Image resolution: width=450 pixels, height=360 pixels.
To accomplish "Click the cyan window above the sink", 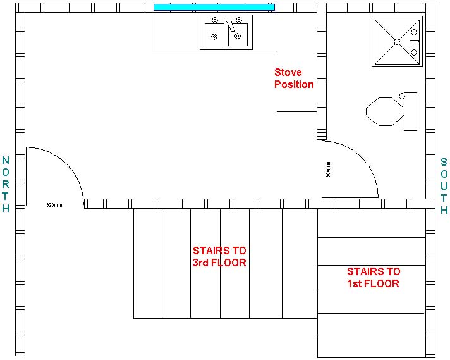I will pos(214,8).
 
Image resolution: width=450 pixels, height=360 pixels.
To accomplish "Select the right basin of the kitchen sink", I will pos(238,35).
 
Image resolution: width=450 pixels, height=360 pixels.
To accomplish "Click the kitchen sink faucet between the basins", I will pos(231,26).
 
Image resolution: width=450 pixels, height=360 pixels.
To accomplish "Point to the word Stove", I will pos(288,73).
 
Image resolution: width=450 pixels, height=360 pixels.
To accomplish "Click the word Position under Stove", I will pos(294,84).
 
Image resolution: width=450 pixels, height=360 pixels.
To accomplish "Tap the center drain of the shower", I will pos(396,42).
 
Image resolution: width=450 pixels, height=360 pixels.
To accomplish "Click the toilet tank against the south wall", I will pos(411,111).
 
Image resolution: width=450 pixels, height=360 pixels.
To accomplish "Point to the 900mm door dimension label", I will pos(329,169).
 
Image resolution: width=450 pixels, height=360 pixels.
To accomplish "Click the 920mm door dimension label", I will pos(54,205).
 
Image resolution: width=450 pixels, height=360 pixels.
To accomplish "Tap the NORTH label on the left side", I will pos(6,184).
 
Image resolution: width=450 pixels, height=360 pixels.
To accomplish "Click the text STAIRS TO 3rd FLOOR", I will pos(219,257).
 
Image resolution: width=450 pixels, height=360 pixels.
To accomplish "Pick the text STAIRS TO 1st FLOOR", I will pos(373,278).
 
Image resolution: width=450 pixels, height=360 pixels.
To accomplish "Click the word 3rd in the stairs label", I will pos(202,263).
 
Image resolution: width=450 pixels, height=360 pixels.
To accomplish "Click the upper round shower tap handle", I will pos(415,32).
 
